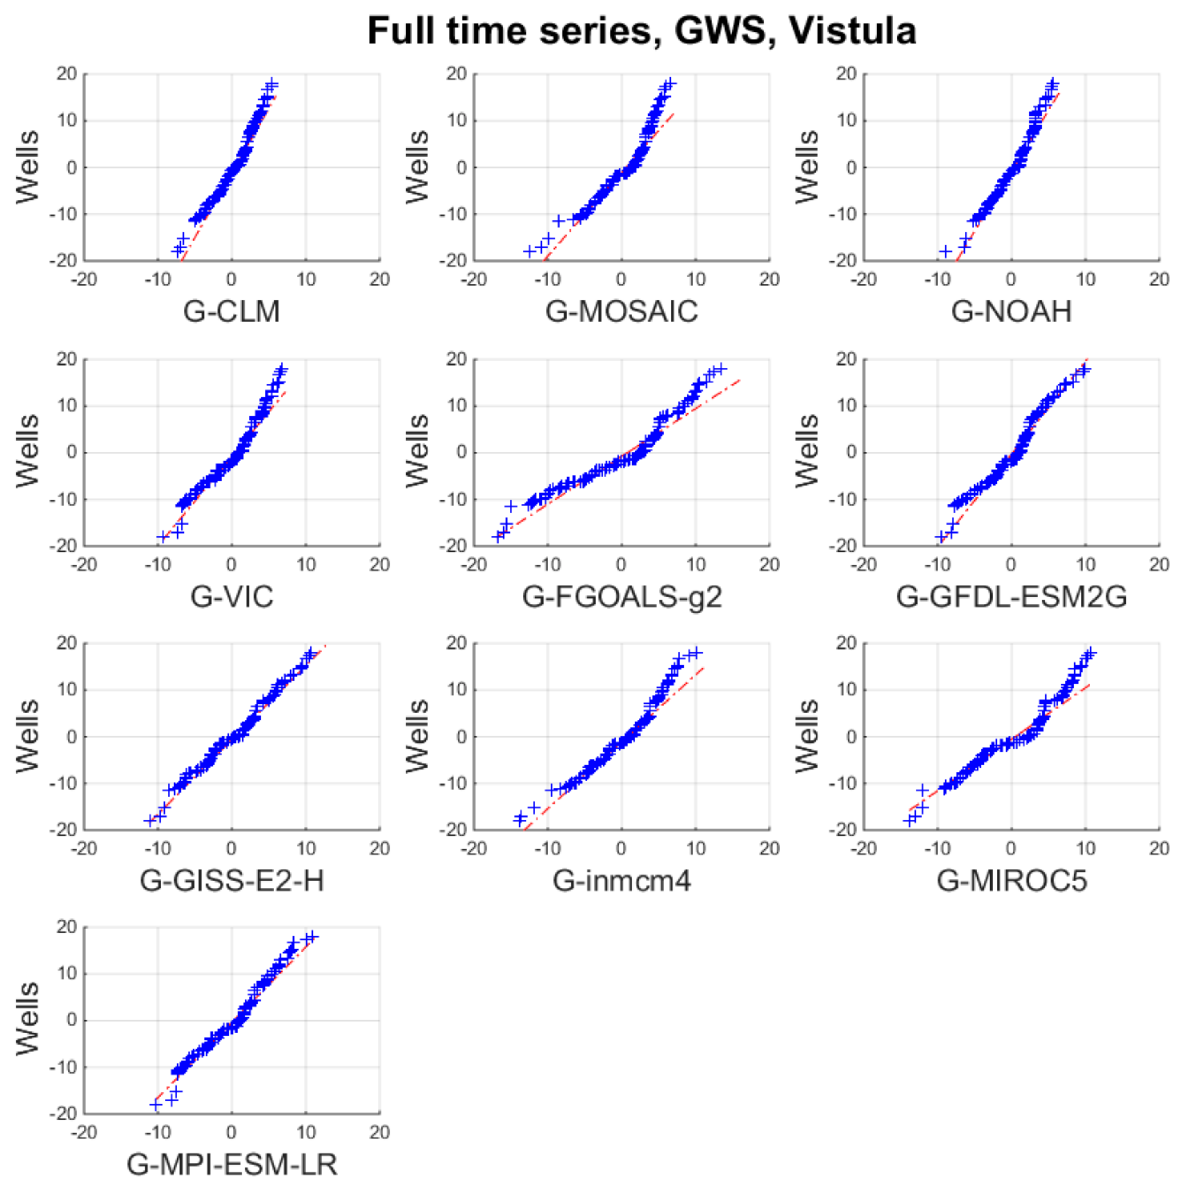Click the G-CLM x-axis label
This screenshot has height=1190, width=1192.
(231, 311)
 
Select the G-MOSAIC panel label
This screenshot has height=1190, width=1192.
(621, 311)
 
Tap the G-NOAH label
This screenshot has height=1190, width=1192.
(1011, 311)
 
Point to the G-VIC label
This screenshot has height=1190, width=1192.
(231, 596)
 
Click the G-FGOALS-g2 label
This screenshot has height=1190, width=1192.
(621, 596)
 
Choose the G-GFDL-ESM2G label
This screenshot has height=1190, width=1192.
(1011, 596)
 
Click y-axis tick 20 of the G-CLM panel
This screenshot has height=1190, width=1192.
(67, 74)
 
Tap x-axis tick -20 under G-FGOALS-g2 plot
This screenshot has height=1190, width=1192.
(474, 564)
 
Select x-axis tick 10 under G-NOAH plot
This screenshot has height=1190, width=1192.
(1085, 279)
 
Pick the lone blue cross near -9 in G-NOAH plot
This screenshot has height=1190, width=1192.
(945, 251)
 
